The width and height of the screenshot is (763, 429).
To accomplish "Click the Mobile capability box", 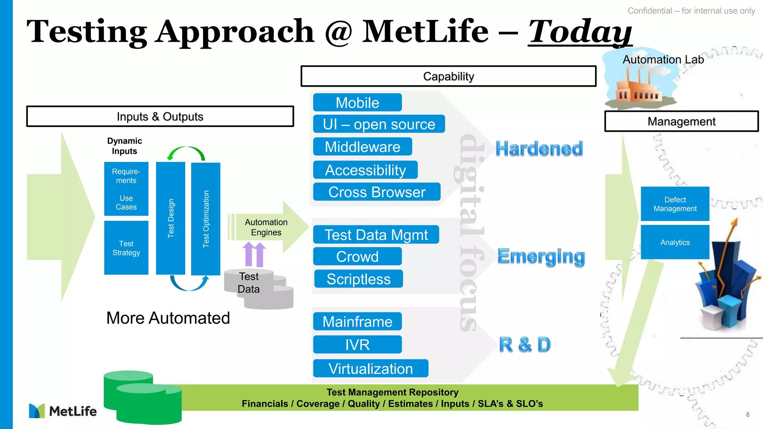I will pyautogui.click(x=357, y=102).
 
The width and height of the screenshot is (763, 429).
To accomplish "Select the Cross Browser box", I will pyautogui.click(x=377, y=192).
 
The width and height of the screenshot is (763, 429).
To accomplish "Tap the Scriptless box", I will pyautogui.click(x=358, y=279).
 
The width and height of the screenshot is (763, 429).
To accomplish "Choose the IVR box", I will pyautogui.click(x=357, y=344).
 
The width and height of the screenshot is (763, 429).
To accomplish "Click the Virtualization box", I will pyautogui.click(x=371, y=368).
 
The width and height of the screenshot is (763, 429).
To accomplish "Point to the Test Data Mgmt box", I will pyautogui.click(x=376, y=235).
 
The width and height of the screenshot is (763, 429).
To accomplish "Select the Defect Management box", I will pyautogui.click(x=675, y=204).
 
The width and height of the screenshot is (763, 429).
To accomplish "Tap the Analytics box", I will pyautogui.click(x=675, y=242).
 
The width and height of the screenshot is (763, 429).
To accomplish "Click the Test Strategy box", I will pyautogui.click(x=126, y=248).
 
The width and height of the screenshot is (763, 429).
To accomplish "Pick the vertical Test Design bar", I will pyautogui.click(x=171, y=218).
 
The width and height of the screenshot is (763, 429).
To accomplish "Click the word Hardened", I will pyautogui.click(x=539, y=149).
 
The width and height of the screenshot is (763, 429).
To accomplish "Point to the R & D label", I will pyautogui.click(x=525, y=344).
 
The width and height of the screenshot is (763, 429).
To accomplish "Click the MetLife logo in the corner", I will pyautogui.click(x=63, y=411).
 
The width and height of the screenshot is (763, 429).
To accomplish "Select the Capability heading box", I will pyautogui.click(x=448, y=76).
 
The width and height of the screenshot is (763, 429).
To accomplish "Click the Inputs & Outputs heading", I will pyautogui.click(x=160, y=117).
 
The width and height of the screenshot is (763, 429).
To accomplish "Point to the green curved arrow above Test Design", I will pyautogui.click(x=186, y=152).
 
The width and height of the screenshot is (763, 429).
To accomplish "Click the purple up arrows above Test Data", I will pyautogui.click(x=254, y=254).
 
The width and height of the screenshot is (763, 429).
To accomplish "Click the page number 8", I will pyautogui.click(x=747, y=414).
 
